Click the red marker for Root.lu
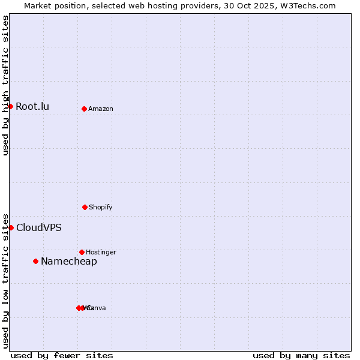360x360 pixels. (x=10, y=106)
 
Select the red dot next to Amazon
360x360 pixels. (x=84, y=109)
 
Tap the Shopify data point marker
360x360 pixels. (x=85, y=207)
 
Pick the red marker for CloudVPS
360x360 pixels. (x=11, y=227)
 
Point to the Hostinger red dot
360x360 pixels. (x=82, y=252)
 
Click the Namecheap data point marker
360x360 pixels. (x=35, y=261)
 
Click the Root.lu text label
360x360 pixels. (x=32, y=107)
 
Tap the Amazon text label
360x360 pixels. (x=101, y=109)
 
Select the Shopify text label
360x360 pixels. (x=101, y=208)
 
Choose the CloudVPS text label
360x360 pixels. (x=39, y=228)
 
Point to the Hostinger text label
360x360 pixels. (x=101, y=253)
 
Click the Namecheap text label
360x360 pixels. (x=69, y=262)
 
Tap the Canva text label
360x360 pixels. (x=97, y=308)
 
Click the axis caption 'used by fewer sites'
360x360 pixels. (x=62, y=355)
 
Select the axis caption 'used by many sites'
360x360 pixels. (x=301, y=355)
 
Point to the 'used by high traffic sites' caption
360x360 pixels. (x=5, y=85)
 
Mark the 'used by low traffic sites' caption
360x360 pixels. (x=5, y=280)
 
